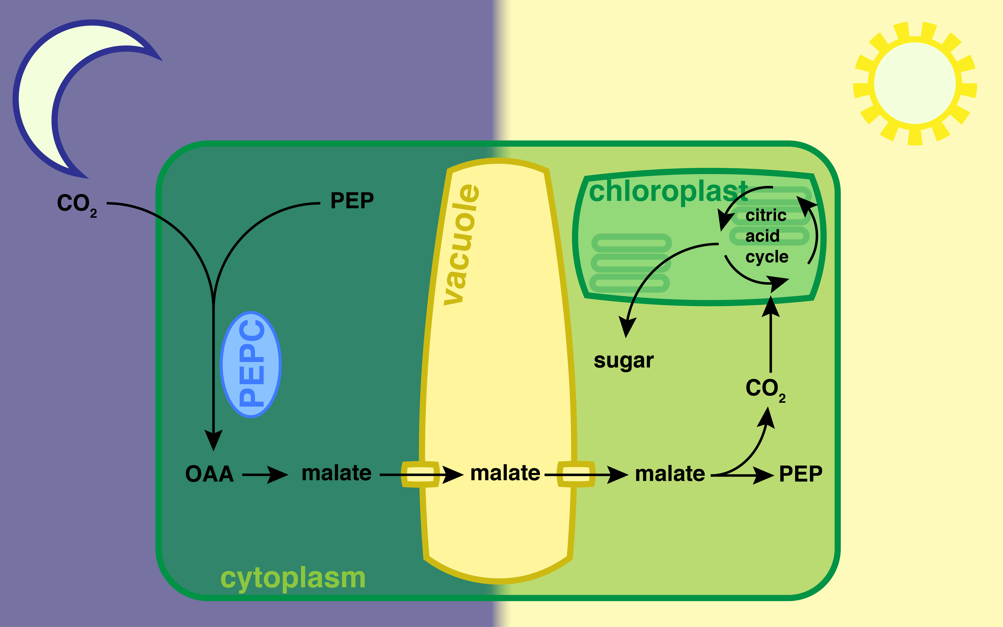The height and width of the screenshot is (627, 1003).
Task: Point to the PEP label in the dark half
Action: pyautogui.click(x=352, y=201)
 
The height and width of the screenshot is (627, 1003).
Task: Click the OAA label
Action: pyautogui.click(x=210, y=474)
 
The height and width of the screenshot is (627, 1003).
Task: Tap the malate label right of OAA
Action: pyautogui.click(x=336, y=473)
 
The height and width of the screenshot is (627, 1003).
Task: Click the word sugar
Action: pyautogui.click(x=624, y=361)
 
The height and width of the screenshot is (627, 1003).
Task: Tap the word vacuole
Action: pyautogui.click(x=460, y=245)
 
